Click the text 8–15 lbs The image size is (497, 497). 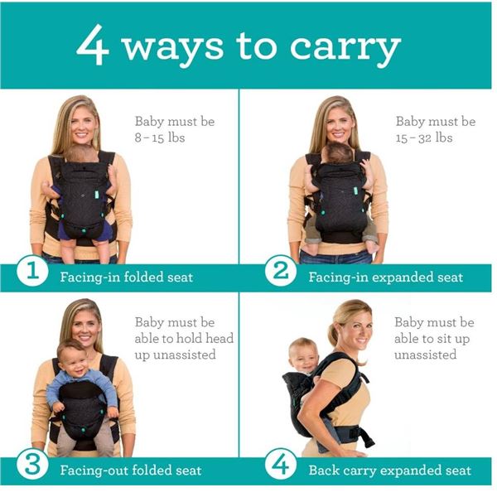click(x=160, y=138)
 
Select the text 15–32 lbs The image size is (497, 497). click(x=424, y=138)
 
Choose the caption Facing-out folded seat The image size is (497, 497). click(x=130, y=470)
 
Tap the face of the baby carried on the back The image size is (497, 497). click(x=303, y=355)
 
